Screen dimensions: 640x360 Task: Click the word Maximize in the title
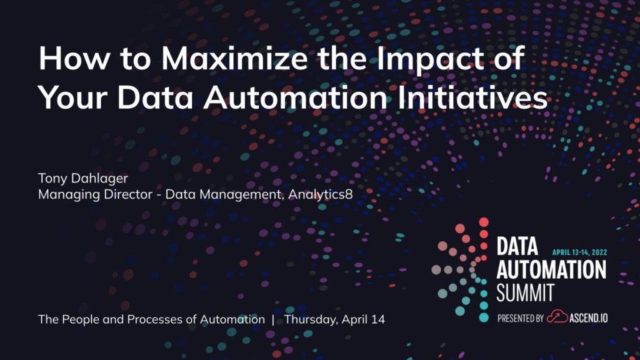click(x=234, y=58)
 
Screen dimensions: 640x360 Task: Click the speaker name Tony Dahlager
click(x=83, y=178)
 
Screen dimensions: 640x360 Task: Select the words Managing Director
click(x=95, y=195)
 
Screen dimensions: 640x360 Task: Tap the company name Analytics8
click(x=321, y=194)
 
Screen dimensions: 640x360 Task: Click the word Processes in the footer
click(x=155, y=319)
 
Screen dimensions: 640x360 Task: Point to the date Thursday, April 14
click(x=334, y=319)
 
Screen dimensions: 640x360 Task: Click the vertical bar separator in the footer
click(x=273, y=319)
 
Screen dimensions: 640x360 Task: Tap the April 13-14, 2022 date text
click(x=579, y=252)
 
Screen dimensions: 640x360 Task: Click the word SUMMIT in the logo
click(x=525, y=292)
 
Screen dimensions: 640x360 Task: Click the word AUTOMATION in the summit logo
click(x=551, y=269)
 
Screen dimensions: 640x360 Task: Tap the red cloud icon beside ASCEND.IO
click(x=557, y=317)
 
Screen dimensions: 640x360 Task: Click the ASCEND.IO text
click(x=589, y=317)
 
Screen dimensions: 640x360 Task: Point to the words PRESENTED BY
click(x=521, y=318)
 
